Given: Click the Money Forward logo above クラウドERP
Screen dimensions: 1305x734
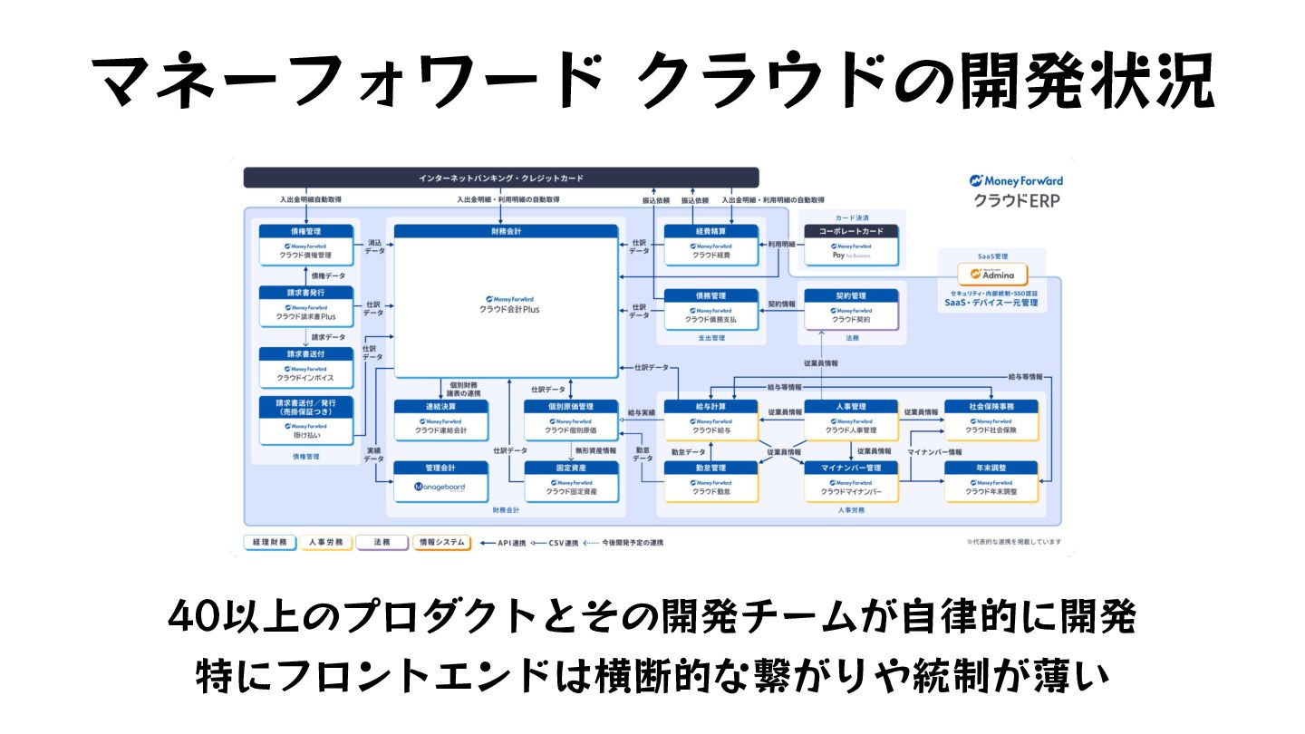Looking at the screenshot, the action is point(1016,181).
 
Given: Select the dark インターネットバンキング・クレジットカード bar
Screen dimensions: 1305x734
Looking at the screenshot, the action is point(501,178).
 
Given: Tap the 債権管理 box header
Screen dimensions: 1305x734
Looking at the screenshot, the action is point(305,231).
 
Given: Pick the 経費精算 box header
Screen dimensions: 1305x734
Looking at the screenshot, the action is point(710,231).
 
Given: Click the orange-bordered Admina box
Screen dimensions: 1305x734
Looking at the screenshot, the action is point(992,274).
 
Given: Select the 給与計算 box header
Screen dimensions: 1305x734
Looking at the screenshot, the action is point(710,407).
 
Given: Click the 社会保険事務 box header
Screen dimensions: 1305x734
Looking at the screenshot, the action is point(991,407).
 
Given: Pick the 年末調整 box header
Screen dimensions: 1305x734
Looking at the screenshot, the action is point(991,468).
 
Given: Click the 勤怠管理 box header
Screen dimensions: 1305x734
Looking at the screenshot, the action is point(710,468).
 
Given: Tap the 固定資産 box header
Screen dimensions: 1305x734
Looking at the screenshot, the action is point(571,468).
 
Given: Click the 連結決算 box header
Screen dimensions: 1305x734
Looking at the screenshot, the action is point(440,407).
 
